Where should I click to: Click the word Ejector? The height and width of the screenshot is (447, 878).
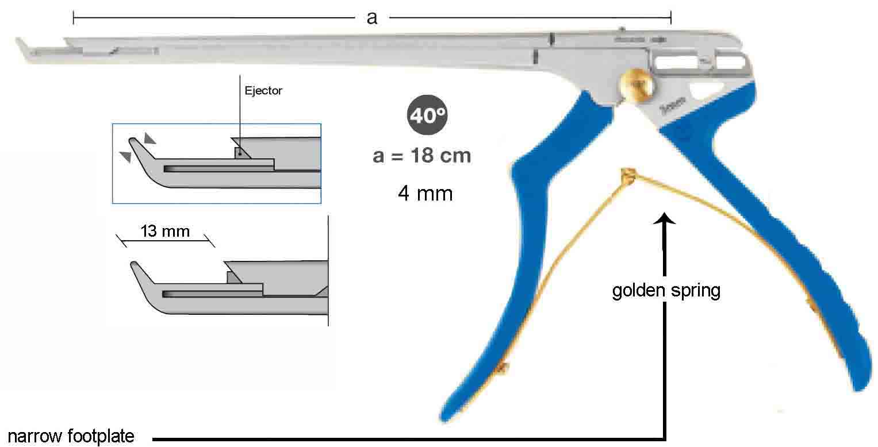click(x=263, y=91)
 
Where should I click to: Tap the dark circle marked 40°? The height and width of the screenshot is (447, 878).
click(x=427, y=115)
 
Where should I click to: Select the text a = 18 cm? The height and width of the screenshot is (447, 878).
click(x=422, y=156)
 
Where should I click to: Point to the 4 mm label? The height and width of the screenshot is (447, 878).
click(x=425, y=193)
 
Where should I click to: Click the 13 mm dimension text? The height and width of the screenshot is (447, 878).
click(x=165, y=231)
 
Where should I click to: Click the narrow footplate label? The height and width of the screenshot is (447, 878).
click(x=71, y=436)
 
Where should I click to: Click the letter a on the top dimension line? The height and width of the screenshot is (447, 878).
click(x=371, y=18)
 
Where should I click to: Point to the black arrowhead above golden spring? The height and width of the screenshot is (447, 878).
click(x=664, y=218)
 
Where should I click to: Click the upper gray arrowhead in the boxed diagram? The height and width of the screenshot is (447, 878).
click(x=149, y=138)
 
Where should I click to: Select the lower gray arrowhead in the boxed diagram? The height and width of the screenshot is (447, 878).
click(x=126, y=156)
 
